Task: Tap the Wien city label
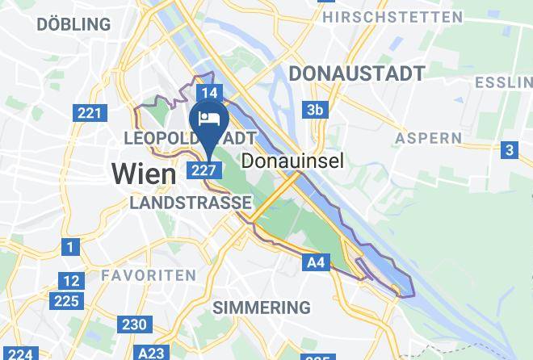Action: click(143, 174)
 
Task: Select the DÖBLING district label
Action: click(73, 24)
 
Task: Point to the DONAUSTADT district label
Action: click(356, 73)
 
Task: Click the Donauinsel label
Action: click(304, 161)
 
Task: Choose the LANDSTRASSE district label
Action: click(191, 203)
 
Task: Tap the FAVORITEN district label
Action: click(148, 275)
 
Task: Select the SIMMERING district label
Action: click(261, 307)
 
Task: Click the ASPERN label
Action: click(428, 138)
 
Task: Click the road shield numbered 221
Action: click(90, 112)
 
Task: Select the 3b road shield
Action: click(314, 110)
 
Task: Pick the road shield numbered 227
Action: click(203, 170)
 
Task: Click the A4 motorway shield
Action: click(316, 262)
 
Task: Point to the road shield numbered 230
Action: click(134, 324)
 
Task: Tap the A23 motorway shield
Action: click(151, 353)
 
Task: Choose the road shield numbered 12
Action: click(72, 281)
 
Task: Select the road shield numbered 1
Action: click(72, 247)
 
